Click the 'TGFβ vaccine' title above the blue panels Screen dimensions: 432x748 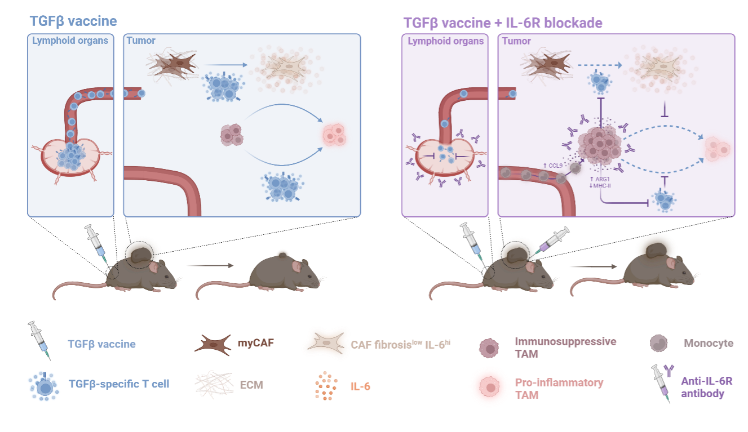(x=73, y=21)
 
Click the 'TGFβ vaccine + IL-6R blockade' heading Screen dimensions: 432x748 (x=503, y=23)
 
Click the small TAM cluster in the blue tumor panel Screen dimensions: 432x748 (x=232, y=135)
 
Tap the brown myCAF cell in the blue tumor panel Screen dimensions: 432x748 (x=172, y=65)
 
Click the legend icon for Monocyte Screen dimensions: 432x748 (x=659, y=343)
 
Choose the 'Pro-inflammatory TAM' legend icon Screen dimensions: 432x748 (x=490, y=388)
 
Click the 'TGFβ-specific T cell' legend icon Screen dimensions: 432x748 (x=43, y=386)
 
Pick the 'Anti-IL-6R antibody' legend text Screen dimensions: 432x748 (x=706, y=388)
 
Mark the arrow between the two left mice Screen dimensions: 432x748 (x=210, y=265)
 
